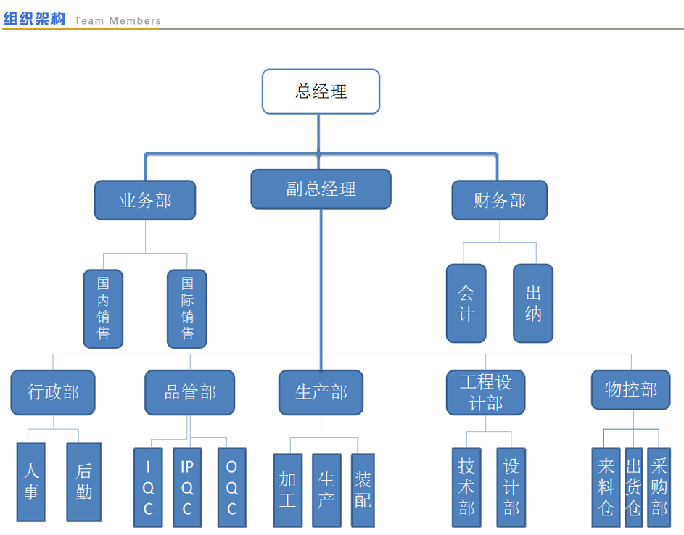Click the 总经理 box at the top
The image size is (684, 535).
(x=321, y=91)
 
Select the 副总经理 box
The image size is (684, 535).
(x=321, y=189)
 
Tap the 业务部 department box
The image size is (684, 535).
(x=145, y=200)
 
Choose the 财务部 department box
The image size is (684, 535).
(x=499, y=200)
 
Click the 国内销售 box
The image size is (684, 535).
(x=103, y=308)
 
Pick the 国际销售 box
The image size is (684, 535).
(x=187, y=308)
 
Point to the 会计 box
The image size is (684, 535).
(x=466, y=303)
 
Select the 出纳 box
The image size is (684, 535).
(x=533, y=303)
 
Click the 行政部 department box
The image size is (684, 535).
(x=53, y=392)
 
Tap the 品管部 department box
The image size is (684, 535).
(x=190, y=392)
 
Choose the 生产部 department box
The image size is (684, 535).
(x=321, y=392)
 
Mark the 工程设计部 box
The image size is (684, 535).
(x=486, y=392)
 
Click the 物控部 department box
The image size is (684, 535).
(x=631, y=390)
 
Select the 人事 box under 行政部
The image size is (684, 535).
(x=30, y=482)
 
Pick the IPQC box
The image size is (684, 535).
(x=187, y=487)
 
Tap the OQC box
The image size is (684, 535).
(x=232, y=487)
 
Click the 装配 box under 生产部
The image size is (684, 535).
(x=363, y=490)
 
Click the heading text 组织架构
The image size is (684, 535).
(x=34, y=20)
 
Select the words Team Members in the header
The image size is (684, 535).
(x=118, y=20)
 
